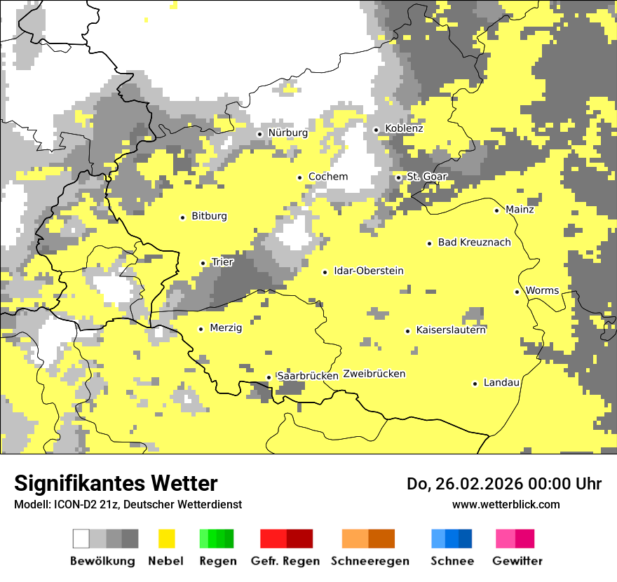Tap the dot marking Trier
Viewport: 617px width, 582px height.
click(203, 263)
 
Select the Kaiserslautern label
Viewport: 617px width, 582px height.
click(451, 330)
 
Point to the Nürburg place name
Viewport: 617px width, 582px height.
click(287, 133)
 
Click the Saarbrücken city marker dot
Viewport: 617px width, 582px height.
click(269, 377)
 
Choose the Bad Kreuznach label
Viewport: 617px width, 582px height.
click(474, 242)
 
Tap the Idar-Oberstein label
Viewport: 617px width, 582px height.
click(369, 271)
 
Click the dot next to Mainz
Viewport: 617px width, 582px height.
click(497, 210)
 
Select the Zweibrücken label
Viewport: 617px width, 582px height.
click(374, 374)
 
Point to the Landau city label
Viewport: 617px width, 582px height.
click(501, 382)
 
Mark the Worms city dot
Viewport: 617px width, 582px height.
click(517, 292)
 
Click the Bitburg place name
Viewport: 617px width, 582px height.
click(209, 216)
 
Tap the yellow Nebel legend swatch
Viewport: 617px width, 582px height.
click(167, 539)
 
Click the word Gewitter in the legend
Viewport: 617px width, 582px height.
click(517, 561)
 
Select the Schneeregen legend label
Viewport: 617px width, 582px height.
click(370, 561)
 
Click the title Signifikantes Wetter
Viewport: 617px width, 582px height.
click(116, 483)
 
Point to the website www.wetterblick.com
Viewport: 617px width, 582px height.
click(506, 504)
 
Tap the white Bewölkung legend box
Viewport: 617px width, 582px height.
click(81, 539)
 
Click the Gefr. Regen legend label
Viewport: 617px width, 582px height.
click(285, 561)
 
